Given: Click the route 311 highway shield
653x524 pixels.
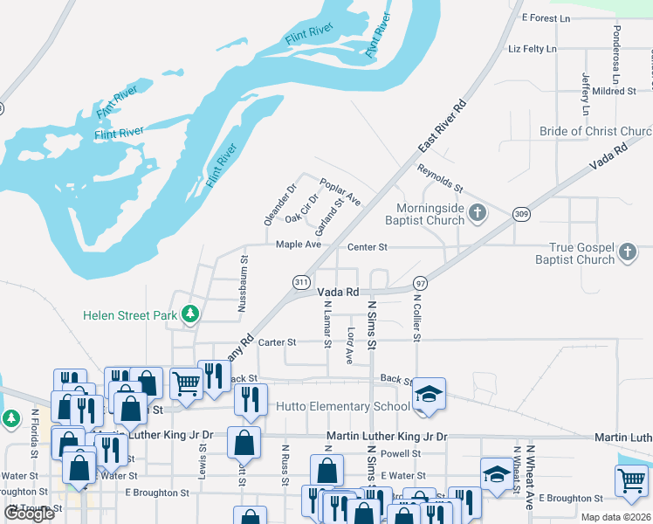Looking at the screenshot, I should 300,282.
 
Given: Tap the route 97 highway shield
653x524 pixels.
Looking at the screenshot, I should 421,284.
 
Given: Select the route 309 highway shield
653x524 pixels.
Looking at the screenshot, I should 521,214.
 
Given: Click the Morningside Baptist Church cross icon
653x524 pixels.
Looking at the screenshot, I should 478,212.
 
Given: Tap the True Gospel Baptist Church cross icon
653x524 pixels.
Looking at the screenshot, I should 627,253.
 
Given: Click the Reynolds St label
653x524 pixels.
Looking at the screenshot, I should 439,177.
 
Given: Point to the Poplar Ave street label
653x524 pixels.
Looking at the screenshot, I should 340,191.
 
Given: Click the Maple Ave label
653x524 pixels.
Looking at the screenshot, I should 299,245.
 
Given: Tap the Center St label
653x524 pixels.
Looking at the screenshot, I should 367,247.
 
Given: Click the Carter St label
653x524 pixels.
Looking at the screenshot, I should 278,342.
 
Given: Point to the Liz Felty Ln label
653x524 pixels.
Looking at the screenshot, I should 532,49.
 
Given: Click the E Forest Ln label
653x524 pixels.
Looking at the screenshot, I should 546,17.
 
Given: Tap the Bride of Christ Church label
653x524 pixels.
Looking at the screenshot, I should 595,132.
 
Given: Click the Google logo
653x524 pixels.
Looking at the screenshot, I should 29,514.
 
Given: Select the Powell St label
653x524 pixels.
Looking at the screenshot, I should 401,454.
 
